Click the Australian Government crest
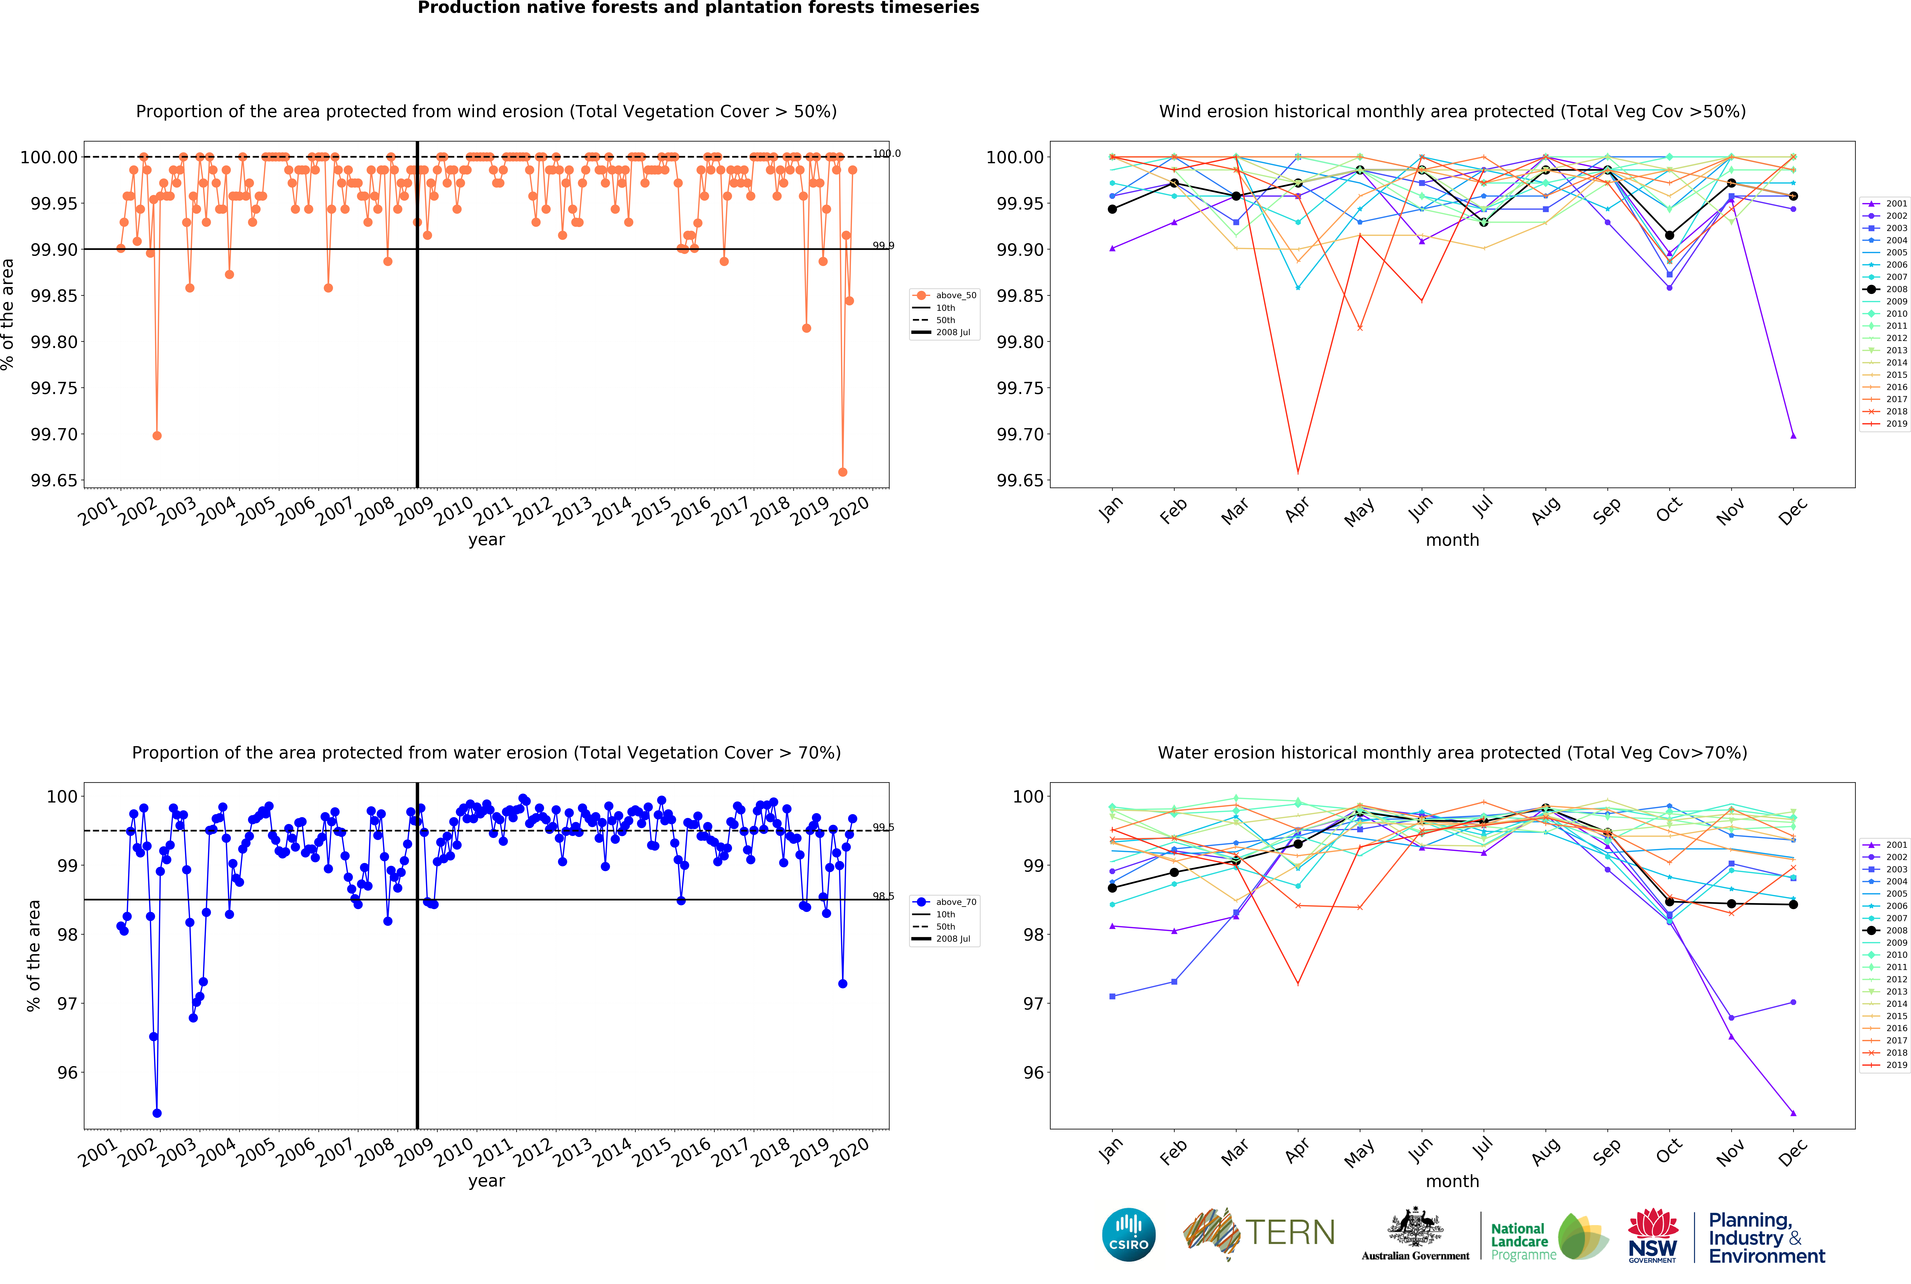pyautogui.click(x=1415, y=1228)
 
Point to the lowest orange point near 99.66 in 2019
pyautogui.click(x=843, y=472)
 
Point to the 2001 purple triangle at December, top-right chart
pyautogui.click(x=1793, y=436)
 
